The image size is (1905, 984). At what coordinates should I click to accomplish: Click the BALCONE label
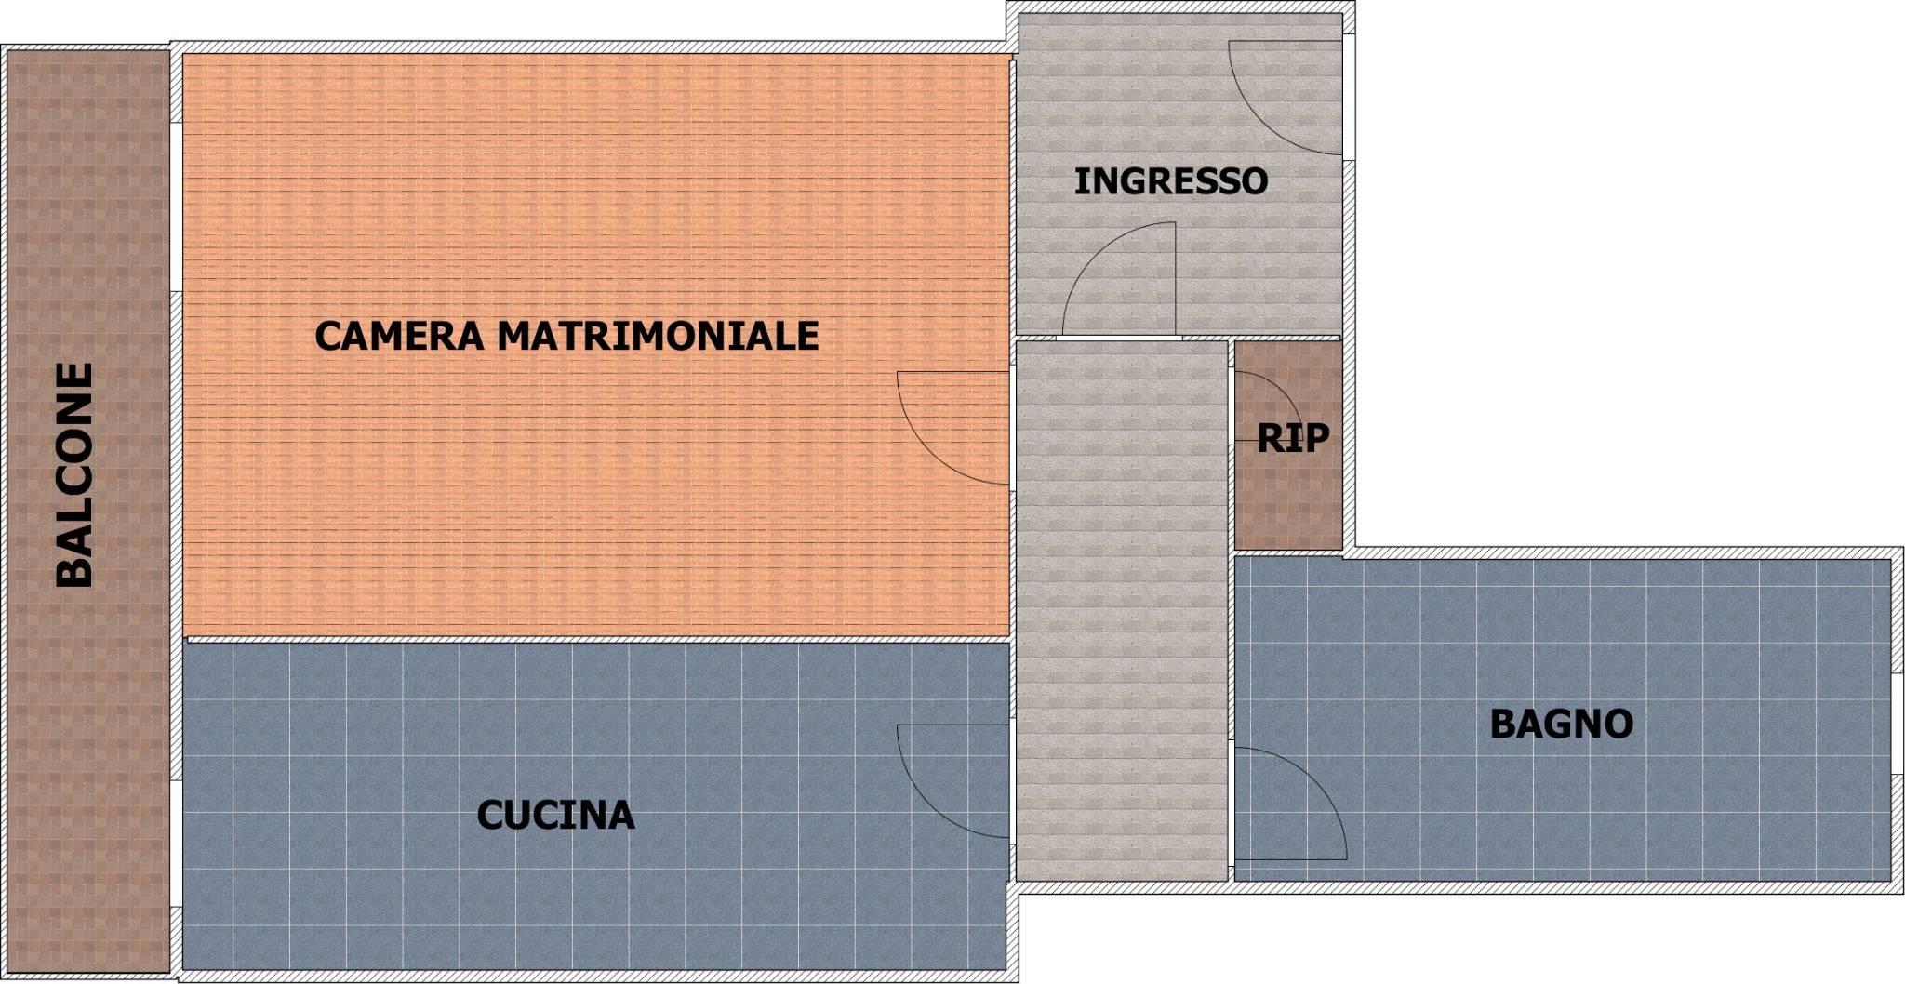pyautogui.click(x=75, y=474)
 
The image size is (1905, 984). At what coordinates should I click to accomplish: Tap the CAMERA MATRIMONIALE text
pyautogui.click(x=566, y=335)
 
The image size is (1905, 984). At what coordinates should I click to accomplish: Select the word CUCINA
pyautogui.click(x=555, y=816)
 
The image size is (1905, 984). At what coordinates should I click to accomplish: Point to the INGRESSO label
pyautogui.click(x=1170, y=180)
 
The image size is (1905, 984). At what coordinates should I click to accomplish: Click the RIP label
pyautogui.click(x=1293, y=438)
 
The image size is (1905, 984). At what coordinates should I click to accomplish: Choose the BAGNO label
pyautogui.click(x=1562, y=724)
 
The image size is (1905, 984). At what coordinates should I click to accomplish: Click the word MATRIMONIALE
pyautogui.click(x=659, y=335)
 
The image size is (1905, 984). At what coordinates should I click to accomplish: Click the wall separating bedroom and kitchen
pyautogui.click(x=597, y=639)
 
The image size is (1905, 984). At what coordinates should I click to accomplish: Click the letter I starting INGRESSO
pyautogui.click(x=1079, y=180)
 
